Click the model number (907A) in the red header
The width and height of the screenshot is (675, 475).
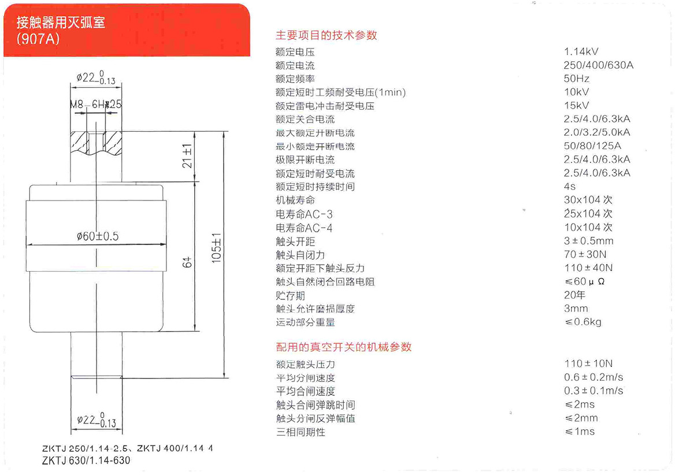pos(38,39)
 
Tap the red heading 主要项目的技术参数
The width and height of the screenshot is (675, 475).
pos(327,35)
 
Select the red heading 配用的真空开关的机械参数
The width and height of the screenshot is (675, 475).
pos(343,347)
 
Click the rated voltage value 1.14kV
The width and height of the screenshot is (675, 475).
pos(581,51)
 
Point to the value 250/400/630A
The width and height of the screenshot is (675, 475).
pos(598,65)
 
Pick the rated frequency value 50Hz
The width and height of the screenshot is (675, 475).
pos(576,79)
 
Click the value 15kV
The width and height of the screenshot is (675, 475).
pos(576,105)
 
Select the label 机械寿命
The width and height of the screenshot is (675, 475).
pos(295,200)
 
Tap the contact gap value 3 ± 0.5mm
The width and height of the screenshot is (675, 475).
pos(588,240)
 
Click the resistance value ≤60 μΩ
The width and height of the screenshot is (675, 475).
pos(585,281)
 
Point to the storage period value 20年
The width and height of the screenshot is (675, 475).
pos(574,295)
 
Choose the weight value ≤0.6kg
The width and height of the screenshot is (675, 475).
pos(583,322)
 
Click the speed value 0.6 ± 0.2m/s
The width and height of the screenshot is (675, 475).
pos(594,377)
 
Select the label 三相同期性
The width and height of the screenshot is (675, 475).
pos(301,432)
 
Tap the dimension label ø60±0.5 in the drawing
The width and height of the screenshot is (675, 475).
pos(97,236)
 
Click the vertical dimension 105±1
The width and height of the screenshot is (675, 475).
pos(216,248)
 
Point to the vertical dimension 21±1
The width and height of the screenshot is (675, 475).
pos(187,156)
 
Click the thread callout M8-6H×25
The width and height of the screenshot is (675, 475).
pos(95,105)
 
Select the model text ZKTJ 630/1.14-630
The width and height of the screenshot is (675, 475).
pos(86,461)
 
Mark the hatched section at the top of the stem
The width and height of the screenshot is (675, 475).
pos(96,142)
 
